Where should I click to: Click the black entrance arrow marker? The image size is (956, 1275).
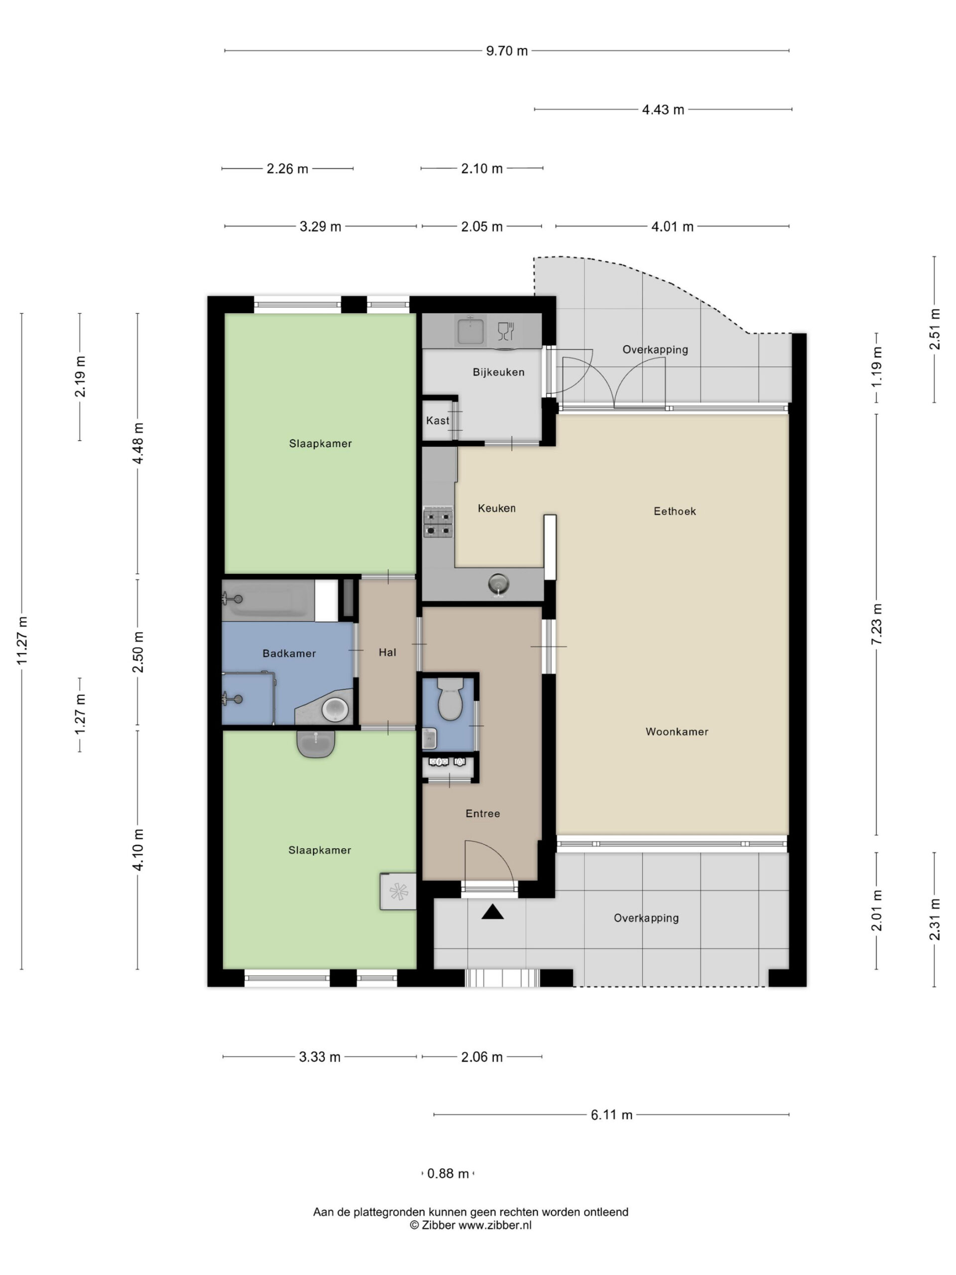coord(492,911)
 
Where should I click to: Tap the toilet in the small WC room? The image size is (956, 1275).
coord(450,699)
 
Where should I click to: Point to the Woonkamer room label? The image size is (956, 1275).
coord(677,732)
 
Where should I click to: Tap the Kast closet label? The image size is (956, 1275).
coord(437,421)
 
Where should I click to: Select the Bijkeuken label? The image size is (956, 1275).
coord(498,372)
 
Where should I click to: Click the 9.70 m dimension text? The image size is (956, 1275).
coord(506,51)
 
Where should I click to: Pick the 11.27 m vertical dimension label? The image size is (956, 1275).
coord(22,640)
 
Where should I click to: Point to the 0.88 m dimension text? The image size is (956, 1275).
coord(448,1173)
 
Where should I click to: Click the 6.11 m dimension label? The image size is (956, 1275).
coord(611,1115)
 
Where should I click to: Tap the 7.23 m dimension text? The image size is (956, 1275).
coord(876,624)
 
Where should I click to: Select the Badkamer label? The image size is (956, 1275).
coord(289,653)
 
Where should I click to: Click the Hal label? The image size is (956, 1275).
coord(387,652)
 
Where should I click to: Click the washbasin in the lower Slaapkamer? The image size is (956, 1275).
coord(315,743)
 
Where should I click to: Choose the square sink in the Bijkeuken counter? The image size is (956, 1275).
coord(470,331)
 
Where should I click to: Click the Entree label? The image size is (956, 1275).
coord(482,813)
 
